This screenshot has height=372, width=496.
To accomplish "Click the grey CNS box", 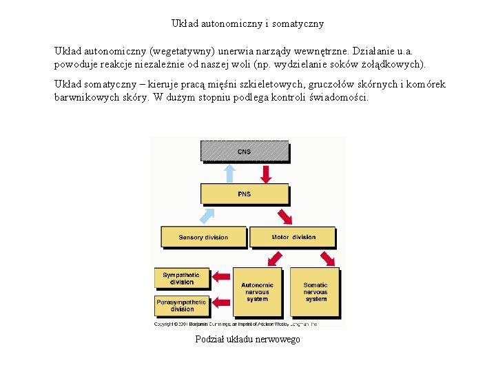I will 244,151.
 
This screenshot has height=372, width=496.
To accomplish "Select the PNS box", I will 244,194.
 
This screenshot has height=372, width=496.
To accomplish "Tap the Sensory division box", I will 203,237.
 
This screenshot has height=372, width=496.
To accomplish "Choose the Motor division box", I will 293,237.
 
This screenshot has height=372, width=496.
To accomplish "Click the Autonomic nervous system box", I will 257,291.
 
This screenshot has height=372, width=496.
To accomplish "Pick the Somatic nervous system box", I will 316,291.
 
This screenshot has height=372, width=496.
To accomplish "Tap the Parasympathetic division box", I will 181,304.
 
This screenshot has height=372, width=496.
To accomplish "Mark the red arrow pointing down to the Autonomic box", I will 274,258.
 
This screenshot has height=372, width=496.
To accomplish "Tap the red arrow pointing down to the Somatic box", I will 327,258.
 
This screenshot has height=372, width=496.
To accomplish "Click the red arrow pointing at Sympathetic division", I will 222,277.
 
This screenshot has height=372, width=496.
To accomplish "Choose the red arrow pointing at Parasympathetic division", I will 222,302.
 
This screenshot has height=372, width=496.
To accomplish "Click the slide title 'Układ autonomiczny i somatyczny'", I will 247,23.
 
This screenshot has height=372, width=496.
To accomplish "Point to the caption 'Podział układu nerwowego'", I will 247,340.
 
